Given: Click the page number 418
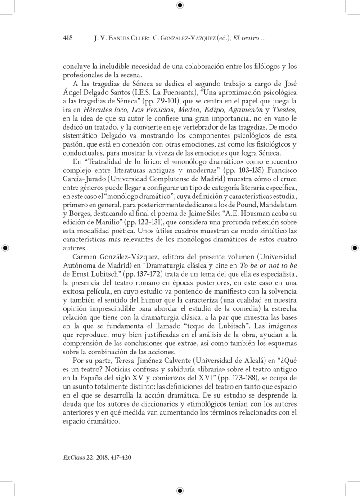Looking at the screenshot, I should tap(67, 39).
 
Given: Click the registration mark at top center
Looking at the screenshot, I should tap(180, 6).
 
